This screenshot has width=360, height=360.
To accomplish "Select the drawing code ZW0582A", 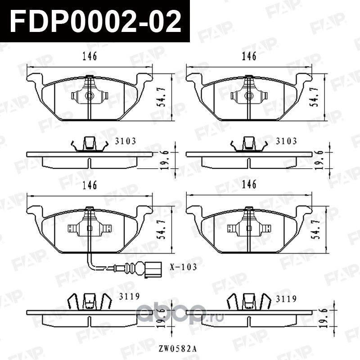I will (x=171, y=348).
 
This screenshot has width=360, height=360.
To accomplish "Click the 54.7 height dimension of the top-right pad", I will (x=318, y=96).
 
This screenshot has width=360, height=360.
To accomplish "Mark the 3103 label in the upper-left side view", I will (x=126, y=141).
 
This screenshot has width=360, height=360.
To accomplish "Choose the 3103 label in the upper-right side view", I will (x=286, y=141).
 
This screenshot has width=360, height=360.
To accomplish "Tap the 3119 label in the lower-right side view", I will (x=286, y=298).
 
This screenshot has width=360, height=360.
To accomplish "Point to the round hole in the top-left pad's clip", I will (x=89, y=95).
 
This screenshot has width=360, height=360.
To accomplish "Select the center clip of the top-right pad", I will (x=248, y=95).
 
